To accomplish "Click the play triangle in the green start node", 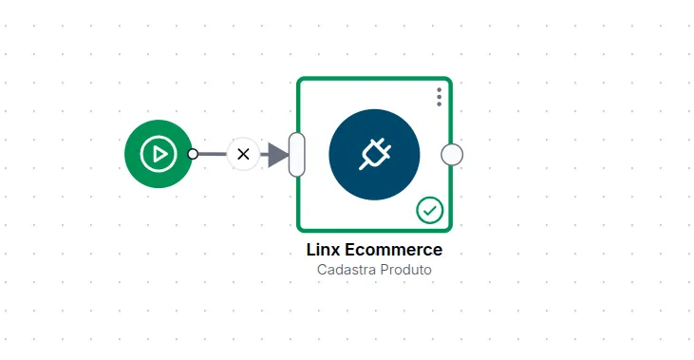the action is point(159,154).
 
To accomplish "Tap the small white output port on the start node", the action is point(193,154).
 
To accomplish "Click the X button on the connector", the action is point(243,154).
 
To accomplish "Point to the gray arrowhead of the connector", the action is point(278,155).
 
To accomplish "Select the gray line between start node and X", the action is point(213,154).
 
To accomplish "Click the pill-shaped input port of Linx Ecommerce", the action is point(296,155).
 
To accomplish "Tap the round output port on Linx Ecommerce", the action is point(452,155).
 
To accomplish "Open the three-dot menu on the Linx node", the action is point(439,97).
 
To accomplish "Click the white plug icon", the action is point(375,154).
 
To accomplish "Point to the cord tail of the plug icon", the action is point(363,165).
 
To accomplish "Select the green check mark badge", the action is point(429,210).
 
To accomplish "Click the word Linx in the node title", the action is point(323,250).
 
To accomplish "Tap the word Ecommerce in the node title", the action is point(393,250).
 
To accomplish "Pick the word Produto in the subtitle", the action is point(406,270).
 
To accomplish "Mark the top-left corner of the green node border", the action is point(298,79).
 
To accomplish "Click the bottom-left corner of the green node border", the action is point(298,231).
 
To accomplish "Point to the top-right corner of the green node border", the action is point(451,79).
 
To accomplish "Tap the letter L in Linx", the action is point(310,250).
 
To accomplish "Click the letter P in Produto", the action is point(385,270).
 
